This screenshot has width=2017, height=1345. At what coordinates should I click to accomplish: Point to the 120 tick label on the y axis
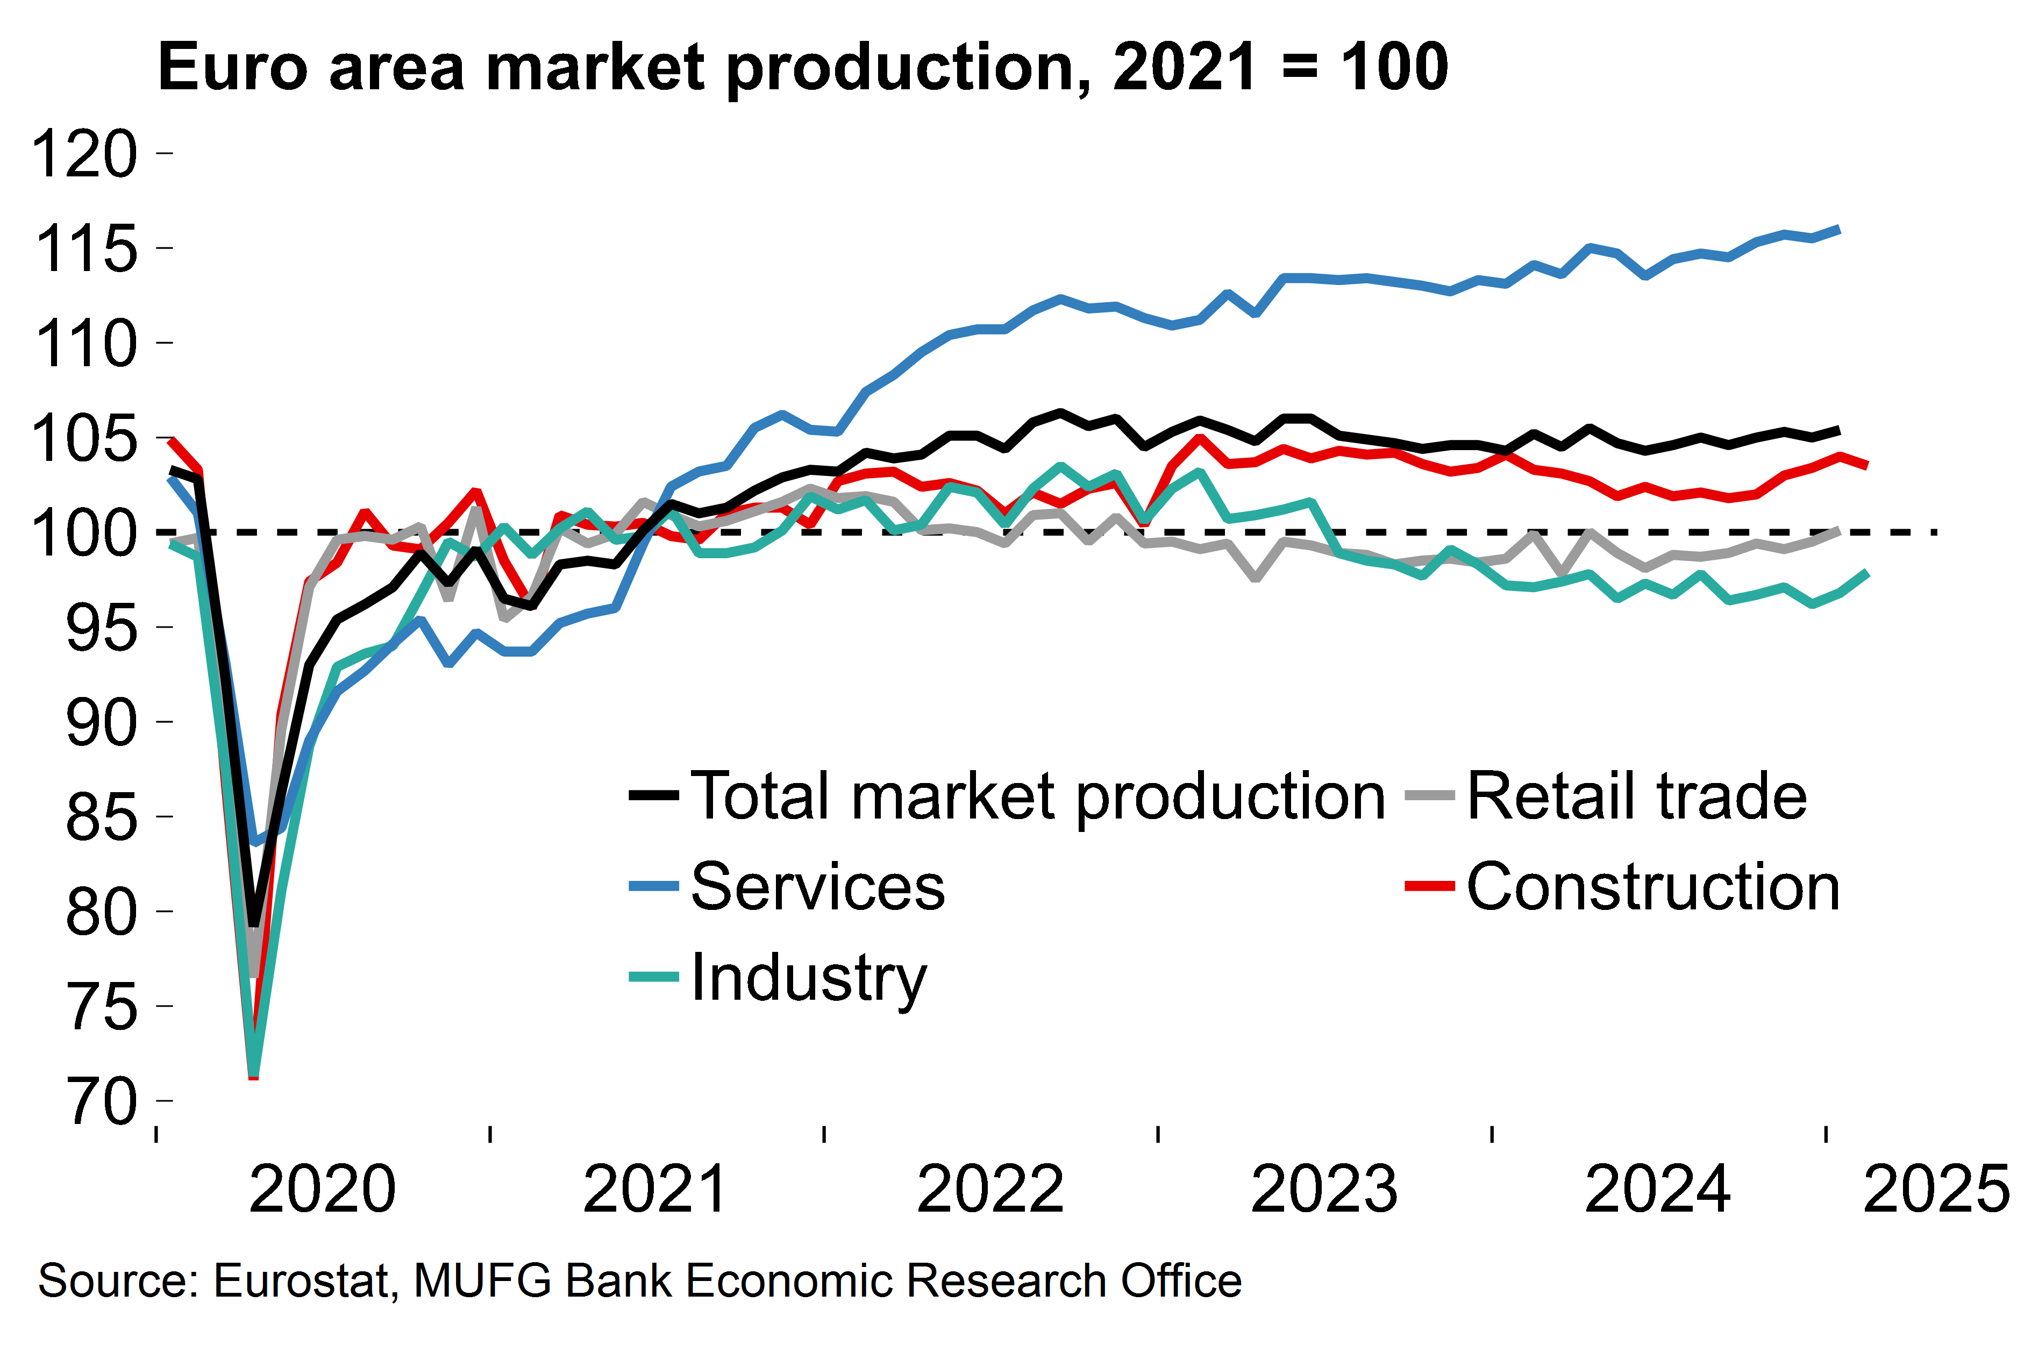pos(84,154)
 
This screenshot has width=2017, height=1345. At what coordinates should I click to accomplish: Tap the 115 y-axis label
pos(84,250)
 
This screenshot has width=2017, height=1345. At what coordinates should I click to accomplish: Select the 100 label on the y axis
pos(84,533)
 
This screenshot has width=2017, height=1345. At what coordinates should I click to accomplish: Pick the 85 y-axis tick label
pos(101,817)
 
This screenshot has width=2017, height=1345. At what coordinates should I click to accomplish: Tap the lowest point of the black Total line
pos(254,927)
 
